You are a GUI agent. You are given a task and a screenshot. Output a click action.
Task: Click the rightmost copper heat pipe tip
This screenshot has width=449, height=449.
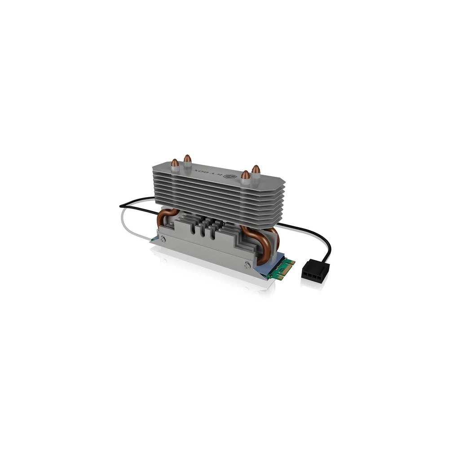[255, 169]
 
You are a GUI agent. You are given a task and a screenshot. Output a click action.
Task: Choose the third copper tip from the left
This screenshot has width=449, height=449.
[245, 175]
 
